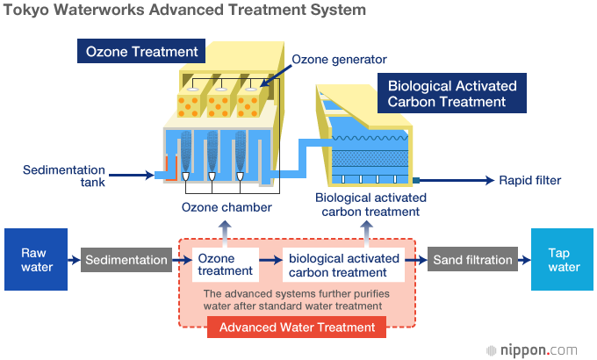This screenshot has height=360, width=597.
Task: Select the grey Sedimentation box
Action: point(127,260)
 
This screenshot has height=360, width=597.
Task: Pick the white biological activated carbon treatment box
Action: point(344,265)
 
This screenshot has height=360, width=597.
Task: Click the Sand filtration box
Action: point(472,260)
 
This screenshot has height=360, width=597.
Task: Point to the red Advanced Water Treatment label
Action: point(297,328)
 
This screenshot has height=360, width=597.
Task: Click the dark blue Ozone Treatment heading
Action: point(141,52)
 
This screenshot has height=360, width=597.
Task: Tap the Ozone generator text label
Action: point(339,60)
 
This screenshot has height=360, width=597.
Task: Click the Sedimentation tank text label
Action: point(64,176)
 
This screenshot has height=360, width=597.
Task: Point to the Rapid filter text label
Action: point(529,181)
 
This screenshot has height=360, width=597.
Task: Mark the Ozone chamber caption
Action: point(227,208)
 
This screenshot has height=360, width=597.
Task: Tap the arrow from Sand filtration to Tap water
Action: point(524,260)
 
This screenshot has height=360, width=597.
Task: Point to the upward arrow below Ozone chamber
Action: point(226,229)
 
